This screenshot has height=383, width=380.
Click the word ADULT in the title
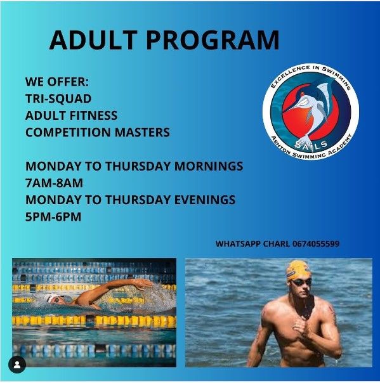[93, 40]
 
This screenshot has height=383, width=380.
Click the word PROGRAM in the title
[213, 40]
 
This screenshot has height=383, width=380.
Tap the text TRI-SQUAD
[58, 98]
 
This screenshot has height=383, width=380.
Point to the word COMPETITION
[68, 132]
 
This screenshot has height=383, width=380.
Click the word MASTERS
[142, 132]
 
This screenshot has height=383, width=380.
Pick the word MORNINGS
[209, 166]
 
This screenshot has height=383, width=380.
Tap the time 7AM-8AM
[54, 183]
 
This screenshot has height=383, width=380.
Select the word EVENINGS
[205, 200]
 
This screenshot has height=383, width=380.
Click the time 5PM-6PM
[53, 217]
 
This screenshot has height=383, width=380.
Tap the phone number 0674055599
[316, 243]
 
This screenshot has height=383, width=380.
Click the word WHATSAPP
[238, 243]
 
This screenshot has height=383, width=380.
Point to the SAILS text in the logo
[311, 145]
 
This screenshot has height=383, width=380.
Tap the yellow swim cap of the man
[298, 269]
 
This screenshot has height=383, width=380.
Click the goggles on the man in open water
[302, 282]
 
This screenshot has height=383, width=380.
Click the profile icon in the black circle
[17, 365]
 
